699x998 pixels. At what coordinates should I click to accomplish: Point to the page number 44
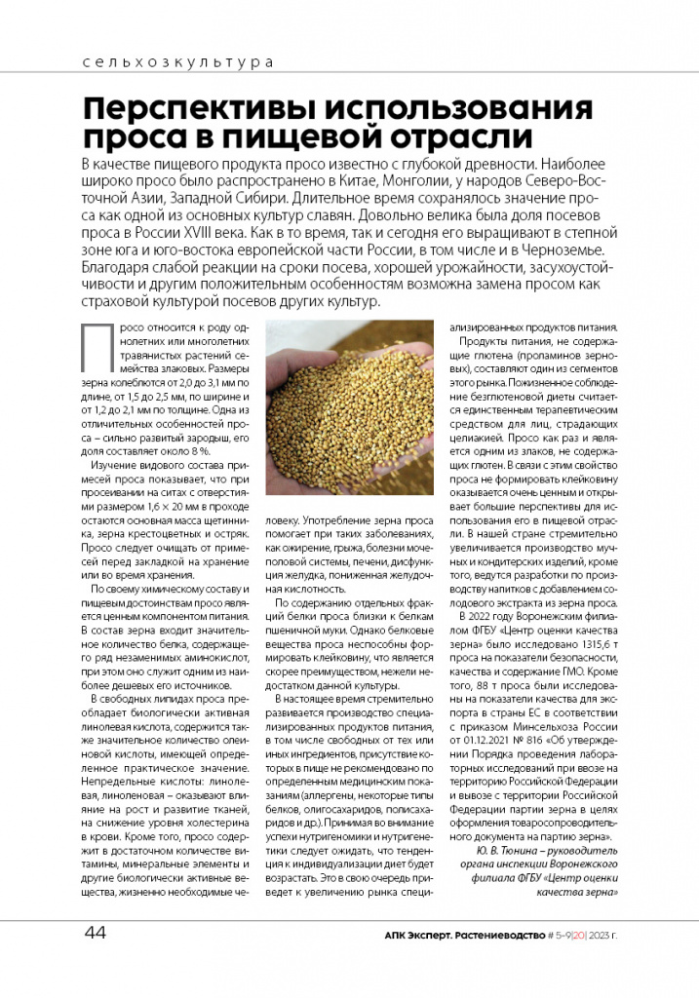pyautogui.click(x=95, y=933)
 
